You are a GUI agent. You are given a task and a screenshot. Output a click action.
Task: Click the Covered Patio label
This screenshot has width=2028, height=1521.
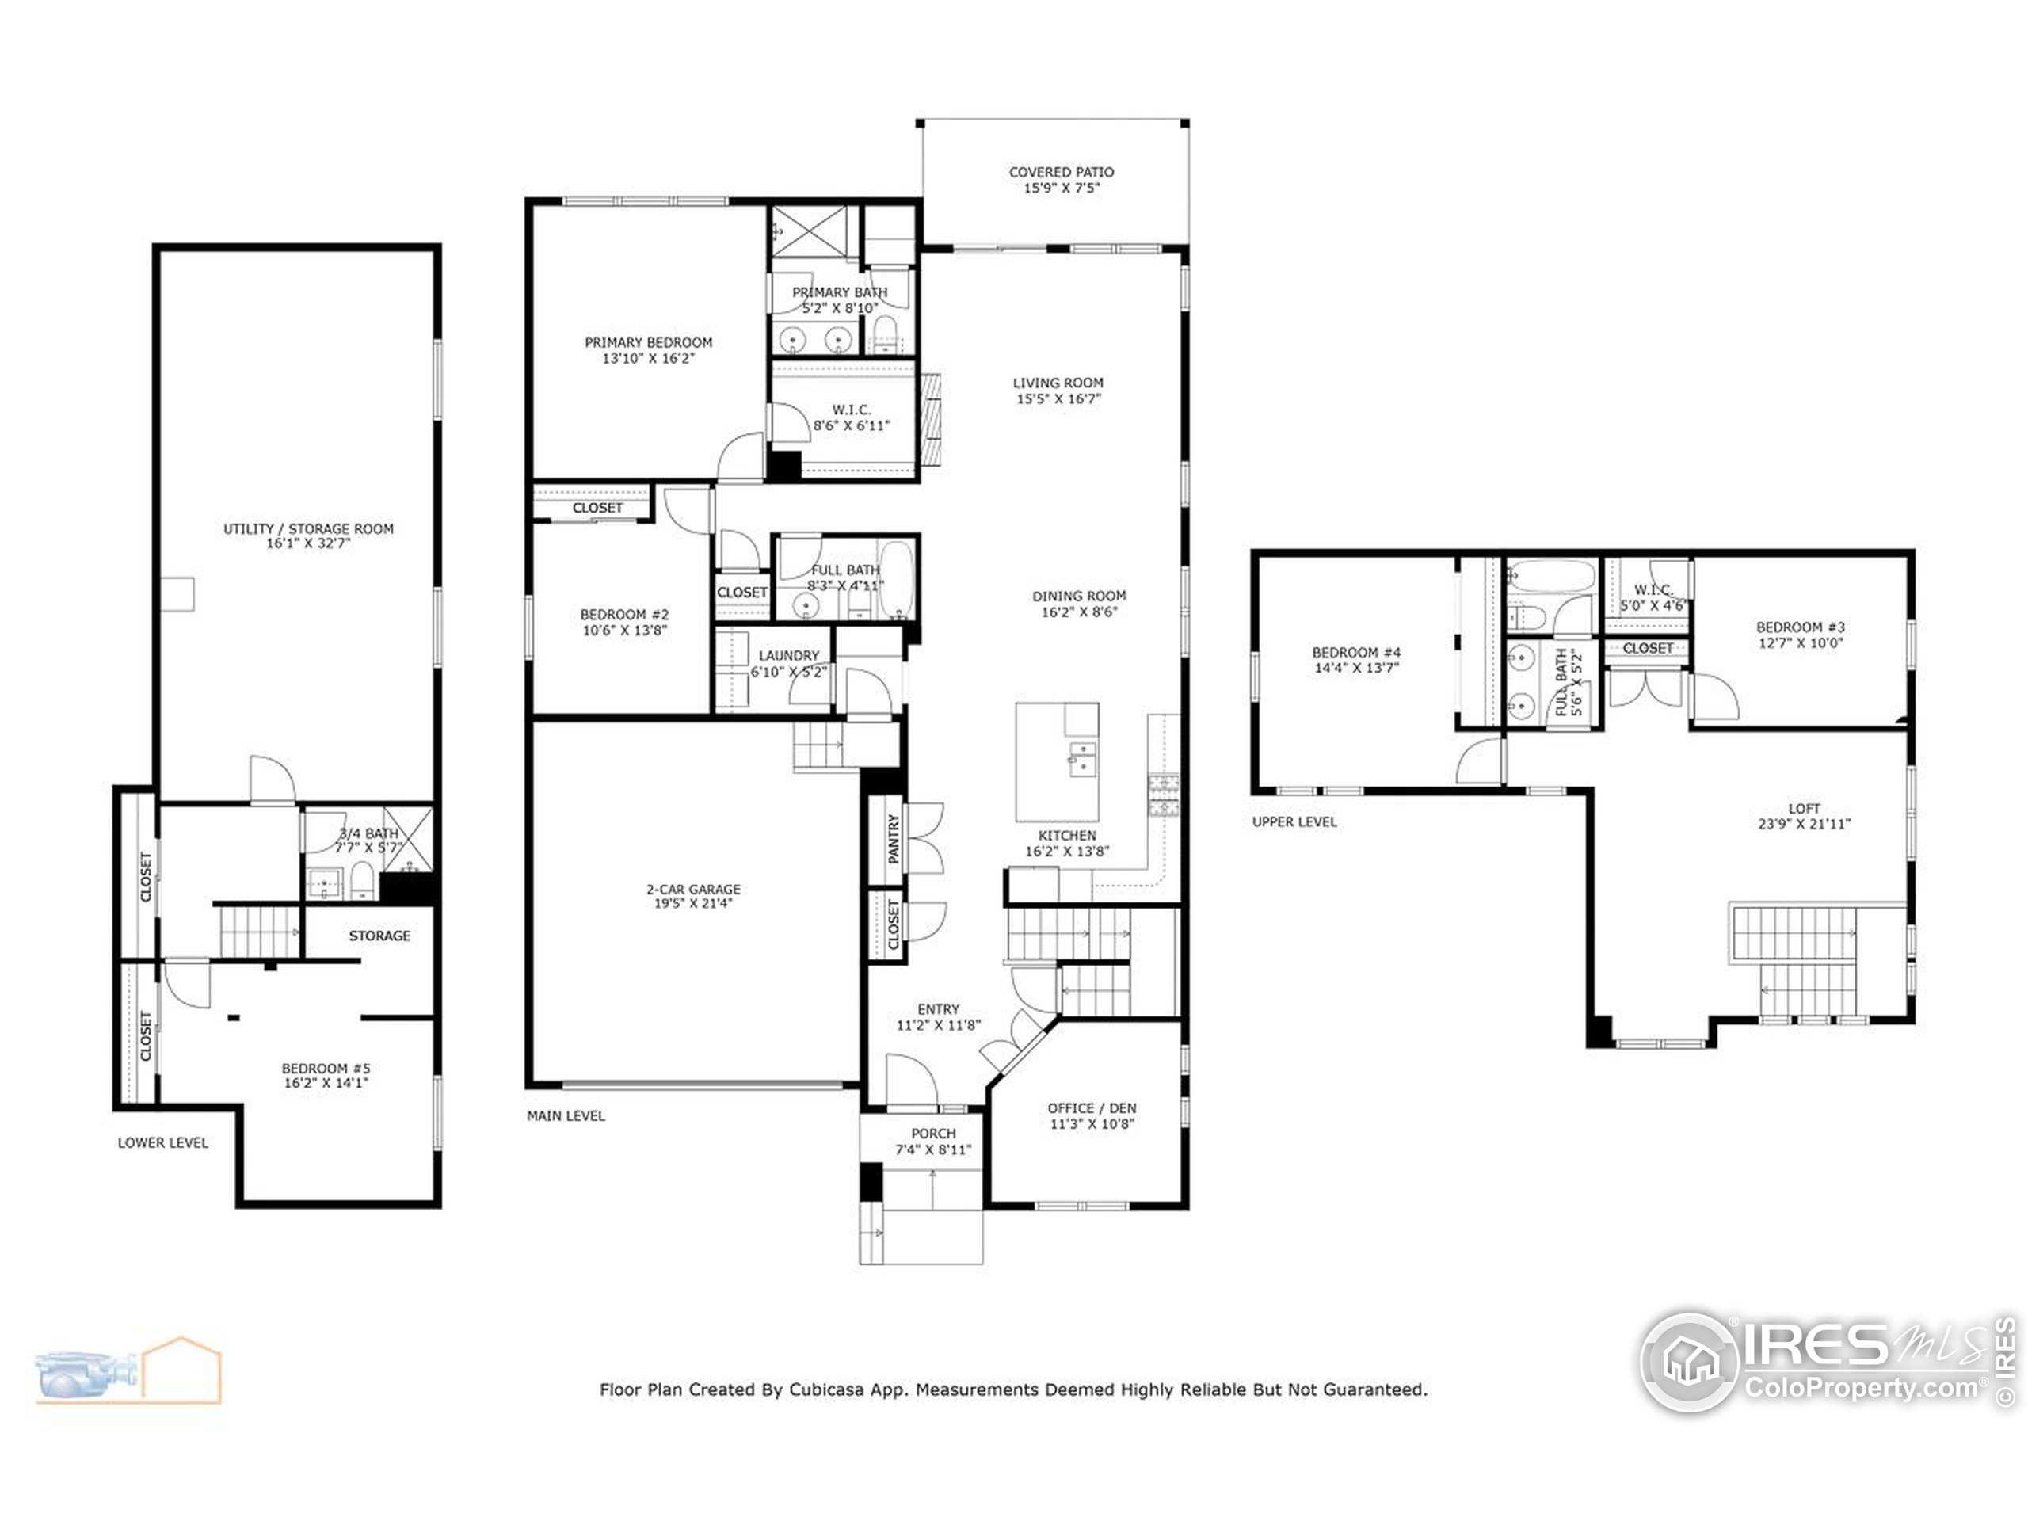tap(1061, 173)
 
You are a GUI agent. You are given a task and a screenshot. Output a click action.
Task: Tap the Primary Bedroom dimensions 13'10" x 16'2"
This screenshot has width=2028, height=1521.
tap(648, 360)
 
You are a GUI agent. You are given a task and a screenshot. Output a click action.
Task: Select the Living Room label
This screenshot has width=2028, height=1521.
tap(1058, 383)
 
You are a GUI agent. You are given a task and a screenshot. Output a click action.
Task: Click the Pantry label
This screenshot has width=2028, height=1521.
tap(894, 839)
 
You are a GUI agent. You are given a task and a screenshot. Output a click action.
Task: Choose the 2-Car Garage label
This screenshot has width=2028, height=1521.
tap(693, 890)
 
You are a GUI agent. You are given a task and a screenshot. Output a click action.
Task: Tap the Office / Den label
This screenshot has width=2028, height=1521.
tap(1092, 1107)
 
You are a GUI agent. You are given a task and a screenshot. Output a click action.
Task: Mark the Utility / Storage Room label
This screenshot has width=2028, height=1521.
tap(308, 529)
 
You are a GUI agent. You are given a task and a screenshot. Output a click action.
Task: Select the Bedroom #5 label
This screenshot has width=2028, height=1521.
tap(326, 1068)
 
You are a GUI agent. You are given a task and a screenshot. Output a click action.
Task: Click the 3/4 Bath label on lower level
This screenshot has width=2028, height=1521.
tap(368, 833)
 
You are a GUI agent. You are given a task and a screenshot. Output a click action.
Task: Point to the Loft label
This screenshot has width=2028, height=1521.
tap(1803, 809)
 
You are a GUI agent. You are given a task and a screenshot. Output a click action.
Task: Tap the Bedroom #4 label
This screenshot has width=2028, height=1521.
tap(1356, 653)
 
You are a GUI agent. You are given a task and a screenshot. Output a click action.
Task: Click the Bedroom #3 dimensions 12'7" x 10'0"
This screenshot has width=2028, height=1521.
tap(1800, 643)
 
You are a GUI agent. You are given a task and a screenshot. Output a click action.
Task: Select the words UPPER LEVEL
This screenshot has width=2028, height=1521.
tap(1294, 822)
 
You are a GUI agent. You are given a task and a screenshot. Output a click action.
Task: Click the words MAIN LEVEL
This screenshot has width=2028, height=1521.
tap(566, 1115)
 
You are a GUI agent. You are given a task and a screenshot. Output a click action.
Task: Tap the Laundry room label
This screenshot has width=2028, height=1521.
tap(788, 655)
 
